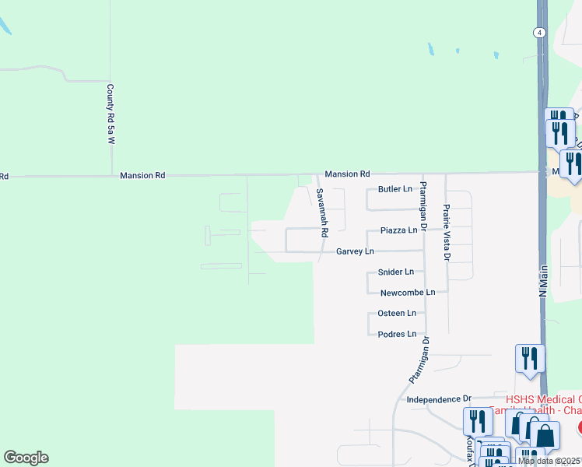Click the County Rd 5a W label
tap(110, 114)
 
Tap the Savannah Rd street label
tap(323, 212)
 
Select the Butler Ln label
tap(394, 189)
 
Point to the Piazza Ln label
tap(399, 230)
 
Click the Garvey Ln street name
tap(355, 251)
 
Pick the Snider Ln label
tap(395, 272)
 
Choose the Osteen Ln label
tap(397, 313)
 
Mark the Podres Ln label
tap(397, 334)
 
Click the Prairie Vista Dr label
tap(447, 225)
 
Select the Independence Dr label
tap(440, 399)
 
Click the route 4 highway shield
tap(538, 32)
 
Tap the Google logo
tap(26, 458)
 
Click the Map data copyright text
tap(549, 461)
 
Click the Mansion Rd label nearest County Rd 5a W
tap(142, 176)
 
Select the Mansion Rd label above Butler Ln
tap(347, 174)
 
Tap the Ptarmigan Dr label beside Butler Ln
tap(423, 206)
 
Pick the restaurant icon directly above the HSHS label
tap(530, 359)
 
